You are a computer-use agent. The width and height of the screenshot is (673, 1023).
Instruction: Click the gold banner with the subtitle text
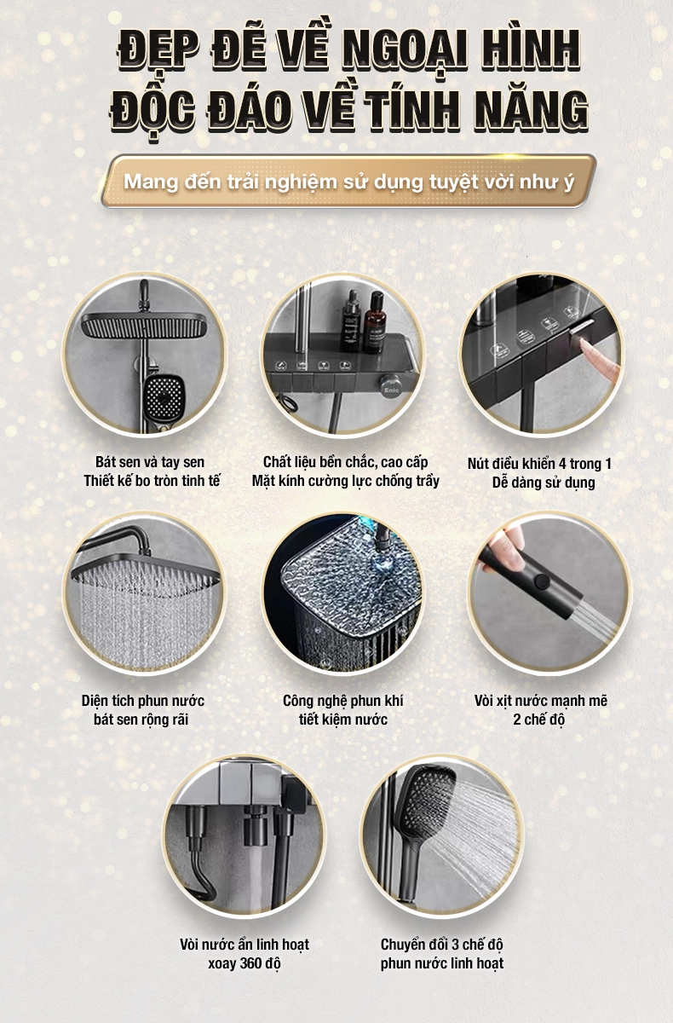(x=348, y=182)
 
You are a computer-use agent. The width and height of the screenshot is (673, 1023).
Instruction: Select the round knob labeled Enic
(x=392, y=387)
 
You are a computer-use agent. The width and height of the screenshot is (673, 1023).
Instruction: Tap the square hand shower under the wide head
(x=163, y=399)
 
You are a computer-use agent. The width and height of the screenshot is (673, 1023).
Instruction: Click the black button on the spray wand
(x=542, y=581)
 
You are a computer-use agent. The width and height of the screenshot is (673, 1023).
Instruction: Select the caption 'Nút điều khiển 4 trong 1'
(x=539, y=464)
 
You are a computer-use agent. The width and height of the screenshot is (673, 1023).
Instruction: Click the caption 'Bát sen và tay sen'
(x=150, y=462)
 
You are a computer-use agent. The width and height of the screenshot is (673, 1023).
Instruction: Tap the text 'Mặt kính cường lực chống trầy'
(x=345, y=481)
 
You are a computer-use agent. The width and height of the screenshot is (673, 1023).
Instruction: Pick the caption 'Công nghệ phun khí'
(x=342, y=701)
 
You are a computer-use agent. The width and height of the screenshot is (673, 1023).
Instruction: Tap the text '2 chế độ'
(x=539, y=720)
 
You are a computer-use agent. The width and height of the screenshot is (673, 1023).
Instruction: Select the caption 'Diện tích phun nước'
(x=143, y=701)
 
